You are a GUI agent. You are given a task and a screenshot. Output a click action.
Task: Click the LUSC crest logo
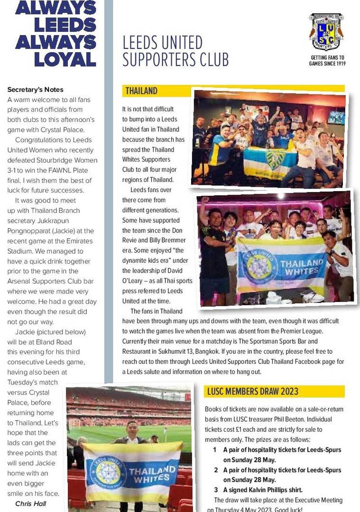326,32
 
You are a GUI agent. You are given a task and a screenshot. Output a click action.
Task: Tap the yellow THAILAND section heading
141,91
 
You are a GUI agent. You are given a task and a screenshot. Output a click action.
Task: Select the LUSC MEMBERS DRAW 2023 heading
252,391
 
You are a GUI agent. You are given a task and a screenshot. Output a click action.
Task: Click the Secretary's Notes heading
36,90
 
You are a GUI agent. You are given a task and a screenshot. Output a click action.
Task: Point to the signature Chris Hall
31,503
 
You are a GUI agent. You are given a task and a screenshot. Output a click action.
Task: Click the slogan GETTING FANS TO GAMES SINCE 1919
327,61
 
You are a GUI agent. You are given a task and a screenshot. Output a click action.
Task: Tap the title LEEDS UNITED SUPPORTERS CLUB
175,51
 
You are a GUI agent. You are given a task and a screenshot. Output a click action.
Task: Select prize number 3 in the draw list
215,490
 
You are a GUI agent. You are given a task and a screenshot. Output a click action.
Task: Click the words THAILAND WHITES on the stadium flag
152,475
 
